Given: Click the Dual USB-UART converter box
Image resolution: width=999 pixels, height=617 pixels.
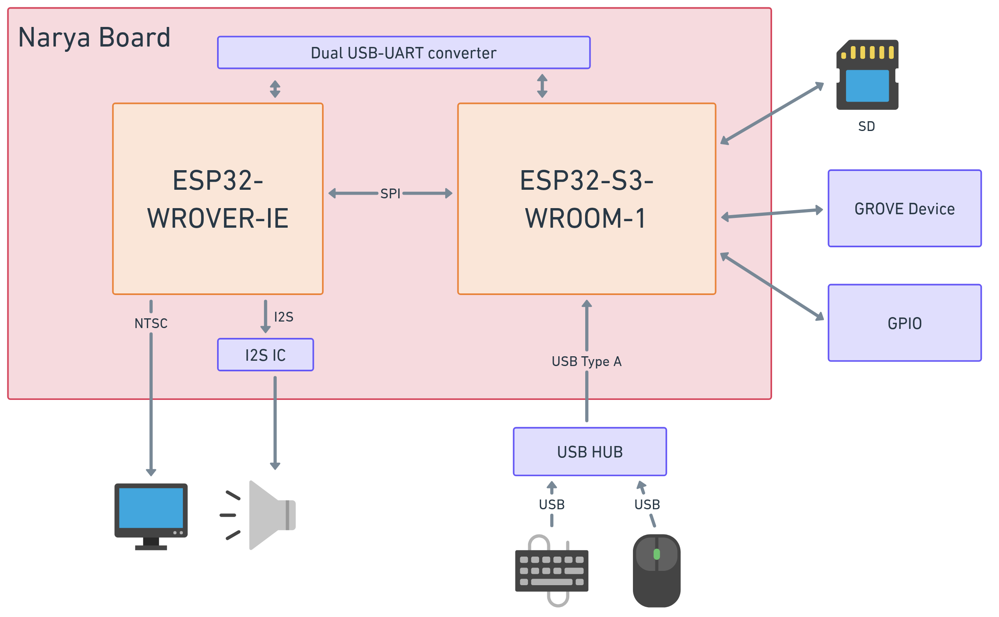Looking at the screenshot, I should coord(404,53).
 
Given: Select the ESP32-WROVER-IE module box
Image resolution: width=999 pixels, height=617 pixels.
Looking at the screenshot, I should coord(218,199).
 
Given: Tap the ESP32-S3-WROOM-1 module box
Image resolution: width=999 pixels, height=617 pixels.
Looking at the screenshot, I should coord(586,199).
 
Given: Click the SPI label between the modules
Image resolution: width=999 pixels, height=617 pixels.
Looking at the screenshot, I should coord(390,193).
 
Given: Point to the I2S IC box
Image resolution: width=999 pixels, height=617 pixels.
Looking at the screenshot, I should coord(265,355).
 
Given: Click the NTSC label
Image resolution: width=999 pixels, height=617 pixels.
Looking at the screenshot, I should coord(151,323).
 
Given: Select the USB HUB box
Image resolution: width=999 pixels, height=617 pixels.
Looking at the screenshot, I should coord(590,452).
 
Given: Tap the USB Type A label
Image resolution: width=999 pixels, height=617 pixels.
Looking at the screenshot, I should coord(586,362).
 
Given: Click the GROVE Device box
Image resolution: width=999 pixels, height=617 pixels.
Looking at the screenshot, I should coord(904,209).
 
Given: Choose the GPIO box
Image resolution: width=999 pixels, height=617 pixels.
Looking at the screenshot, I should coord(904,323).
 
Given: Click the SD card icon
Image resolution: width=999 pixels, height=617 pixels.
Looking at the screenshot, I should coord(867,75).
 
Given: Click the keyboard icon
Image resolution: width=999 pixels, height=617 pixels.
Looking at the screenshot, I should coord(551,570).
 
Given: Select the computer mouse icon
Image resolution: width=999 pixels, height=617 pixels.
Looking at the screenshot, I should coord(656,570).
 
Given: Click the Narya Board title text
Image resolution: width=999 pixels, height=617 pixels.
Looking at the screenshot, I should coord(94,38).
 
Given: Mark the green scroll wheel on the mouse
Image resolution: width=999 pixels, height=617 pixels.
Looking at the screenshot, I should coord(657,554).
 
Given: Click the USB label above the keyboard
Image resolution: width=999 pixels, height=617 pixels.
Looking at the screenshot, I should coord(552,505).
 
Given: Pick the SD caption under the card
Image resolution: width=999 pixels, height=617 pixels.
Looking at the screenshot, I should coord(866,127).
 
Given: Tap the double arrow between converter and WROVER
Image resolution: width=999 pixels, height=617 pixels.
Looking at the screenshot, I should coord(275,89).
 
